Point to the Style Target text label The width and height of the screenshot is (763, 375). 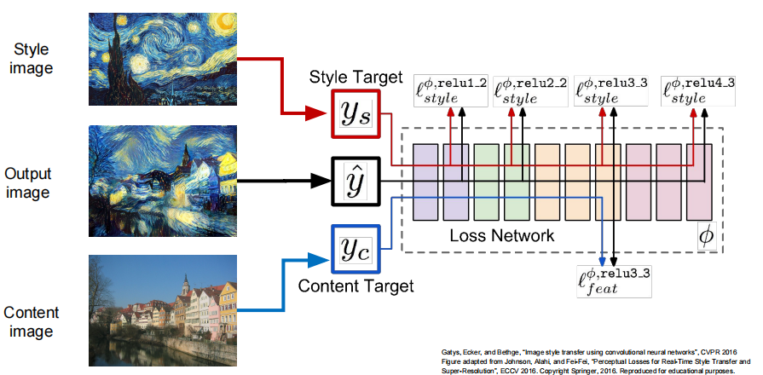pos(355,78)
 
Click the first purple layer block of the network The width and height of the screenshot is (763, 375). pos(425,181)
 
